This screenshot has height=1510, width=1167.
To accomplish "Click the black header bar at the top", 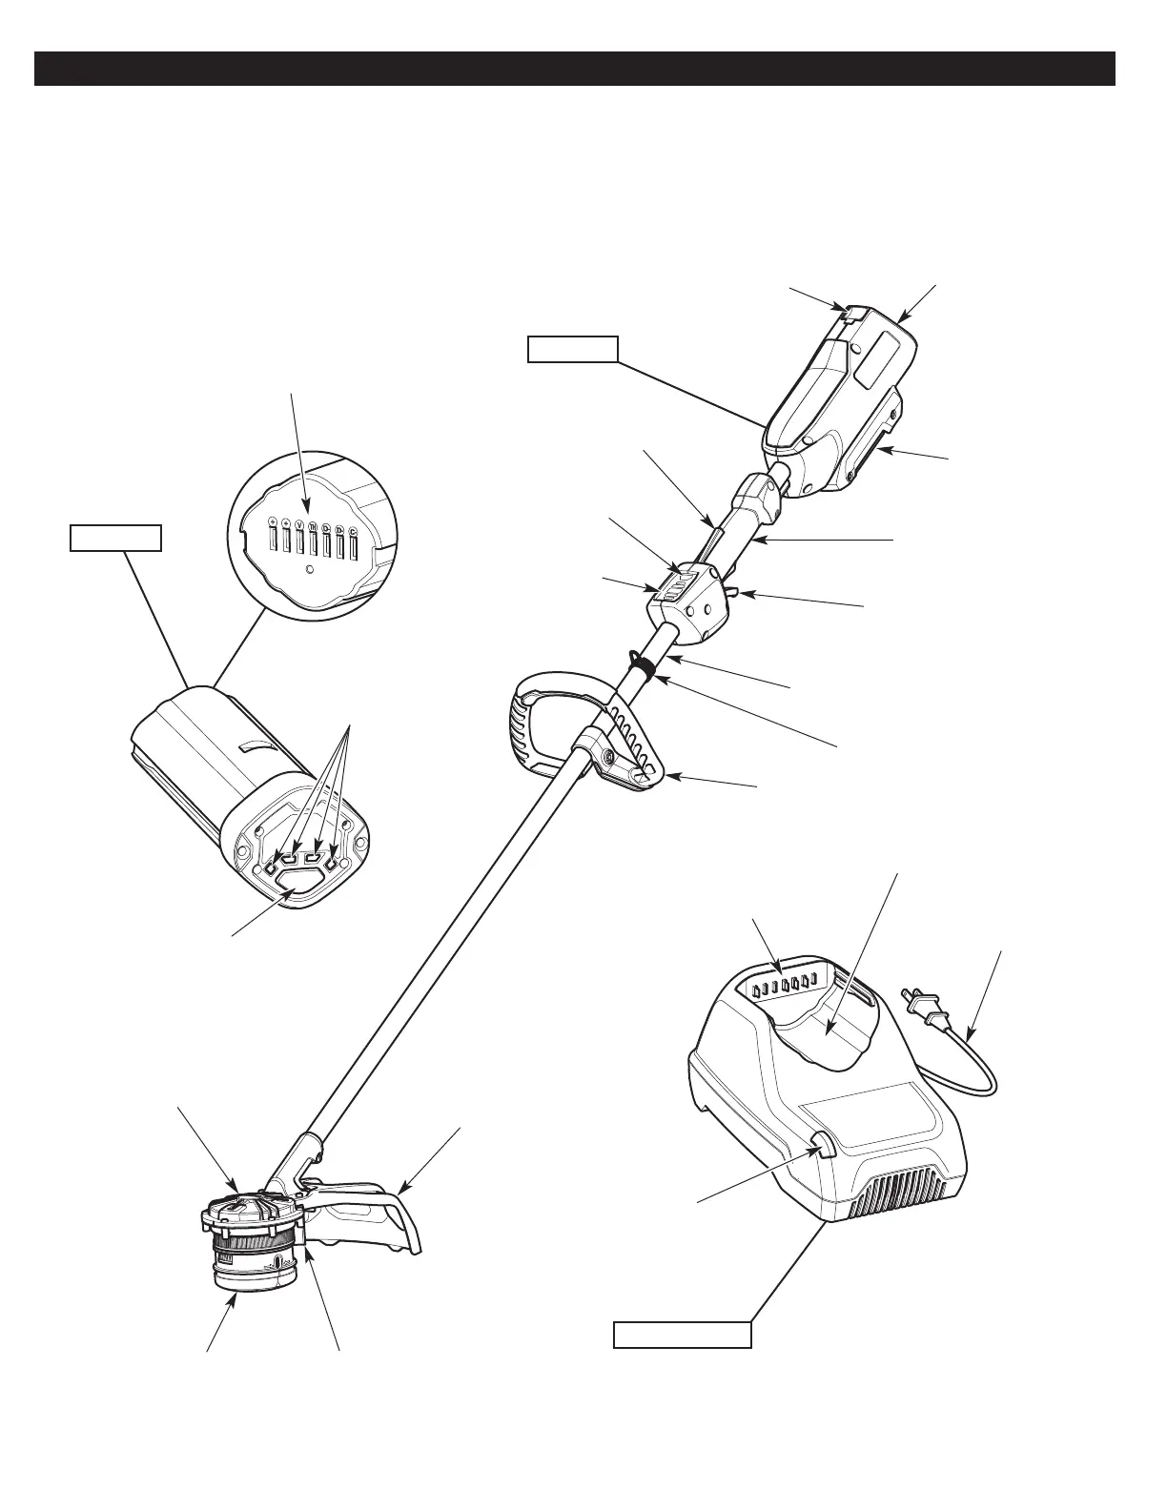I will (x=574, y=69).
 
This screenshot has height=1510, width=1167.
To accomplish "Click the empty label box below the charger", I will (x=682, y=1334).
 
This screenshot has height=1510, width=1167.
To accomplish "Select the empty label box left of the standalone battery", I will (x=115, y=539).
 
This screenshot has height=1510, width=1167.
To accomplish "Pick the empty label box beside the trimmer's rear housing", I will (x=573, y=349).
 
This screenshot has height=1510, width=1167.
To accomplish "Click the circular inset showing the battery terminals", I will (x=310, y=536).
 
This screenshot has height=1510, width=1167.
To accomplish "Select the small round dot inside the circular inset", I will (x=310, y=570).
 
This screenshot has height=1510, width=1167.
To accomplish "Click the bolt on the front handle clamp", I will (x=606, y=756).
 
